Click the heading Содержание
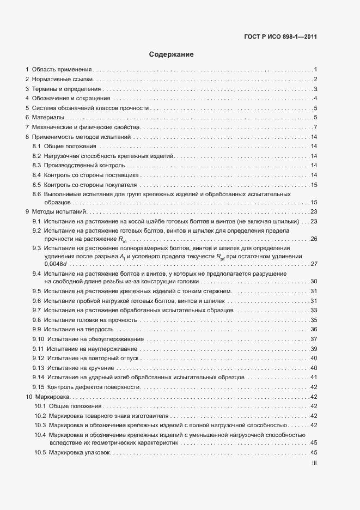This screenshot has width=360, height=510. click(x=171, y=54)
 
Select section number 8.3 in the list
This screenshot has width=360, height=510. click(x=37, y=165)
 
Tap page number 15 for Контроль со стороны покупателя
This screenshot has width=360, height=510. click(x=314, y=185)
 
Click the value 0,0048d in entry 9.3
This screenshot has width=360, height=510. click(x=54, y=264)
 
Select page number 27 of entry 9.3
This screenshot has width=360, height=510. click(x=314, y=264)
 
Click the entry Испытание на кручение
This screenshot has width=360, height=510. click(x=78, y=368)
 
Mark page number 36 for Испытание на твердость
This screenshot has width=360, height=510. click(x=314, y=330)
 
